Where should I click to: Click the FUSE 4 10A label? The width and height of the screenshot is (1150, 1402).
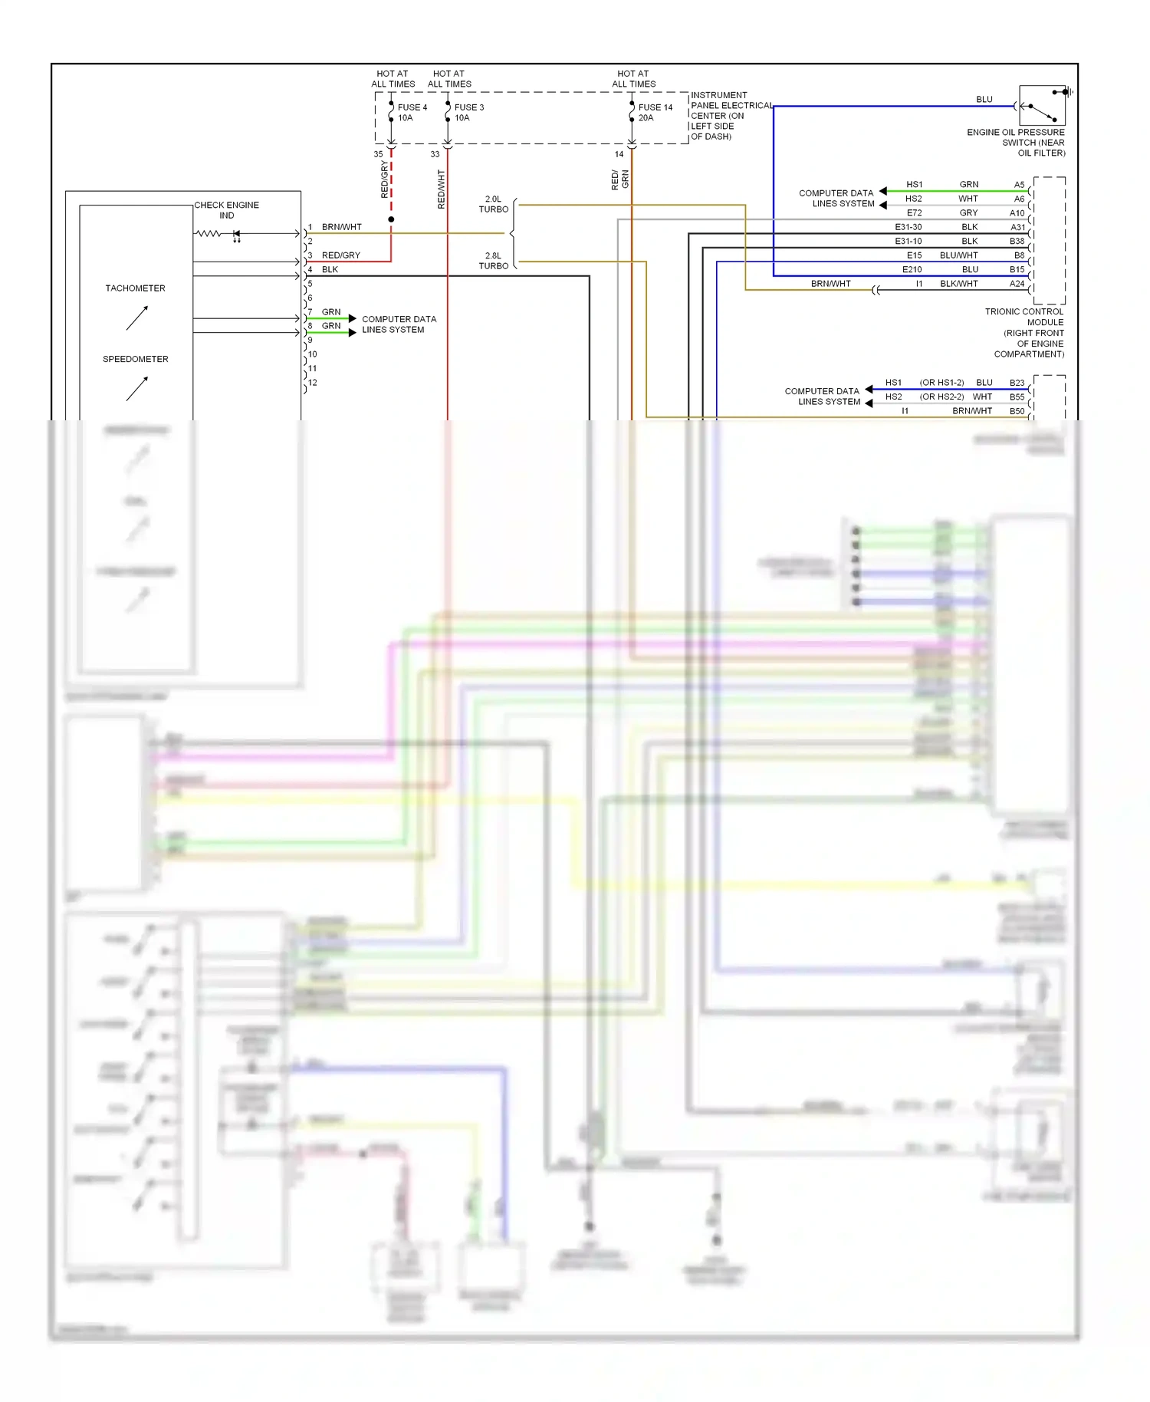[x=412, y=113]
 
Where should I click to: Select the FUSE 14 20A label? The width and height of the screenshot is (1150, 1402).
[x=655, y=113]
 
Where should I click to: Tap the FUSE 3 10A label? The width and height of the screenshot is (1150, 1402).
[x=468, y=113]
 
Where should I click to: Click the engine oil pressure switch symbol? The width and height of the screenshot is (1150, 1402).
[x=1042, y=106]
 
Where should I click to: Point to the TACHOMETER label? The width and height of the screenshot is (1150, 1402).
[x=135, y=288]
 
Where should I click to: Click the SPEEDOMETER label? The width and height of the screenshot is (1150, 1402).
[x=135, y=359]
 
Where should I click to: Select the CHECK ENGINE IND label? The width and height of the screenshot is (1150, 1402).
[x=226, y=210]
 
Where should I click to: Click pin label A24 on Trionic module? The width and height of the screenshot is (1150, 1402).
[x=1017, y=284]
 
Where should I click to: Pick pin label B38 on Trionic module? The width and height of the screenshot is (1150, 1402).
[x=1017, y=241]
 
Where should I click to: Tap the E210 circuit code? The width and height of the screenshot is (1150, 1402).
[x=912, y=269]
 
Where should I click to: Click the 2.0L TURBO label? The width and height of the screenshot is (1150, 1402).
[x=493, y=204]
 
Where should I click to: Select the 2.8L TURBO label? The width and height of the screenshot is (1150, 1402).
[x=493, y=261]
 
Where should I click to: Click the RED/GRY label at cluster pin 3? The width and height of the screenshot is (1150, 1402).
[x=340, y=255]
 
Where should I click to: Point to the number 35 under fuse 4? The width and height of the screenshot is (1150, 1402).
[x=378, y=154]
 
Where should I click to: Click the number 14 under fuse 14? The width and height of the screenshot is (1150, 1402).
[x=619, y=154]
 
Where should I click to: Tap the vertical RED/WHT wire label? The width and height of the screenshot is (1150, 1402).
[x=441, y=189]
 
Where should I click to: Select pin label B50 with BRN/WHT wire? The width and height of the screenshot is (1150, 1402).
[x=1017, y=411]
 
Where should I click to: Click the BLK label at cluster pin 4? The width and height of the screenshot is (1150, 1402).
[x=330, y=270]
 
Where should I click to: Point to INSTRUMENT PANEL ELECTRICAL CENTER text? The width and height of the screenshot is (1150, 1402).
[x=731, y=116]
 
